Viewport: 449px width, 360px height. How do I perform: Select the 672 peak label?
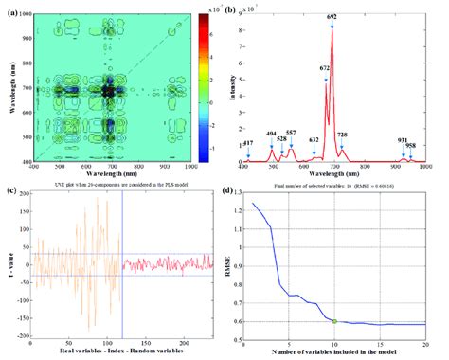325,68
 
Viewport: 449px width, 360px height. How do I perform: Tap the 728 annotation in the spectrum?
342,135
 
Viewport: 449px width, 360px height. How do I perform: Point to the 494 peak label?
272,135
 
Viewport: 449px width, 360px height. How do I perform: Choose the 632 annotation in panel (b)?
314,139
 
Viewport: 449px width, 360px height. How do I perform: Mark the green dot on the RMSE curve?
334,321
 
